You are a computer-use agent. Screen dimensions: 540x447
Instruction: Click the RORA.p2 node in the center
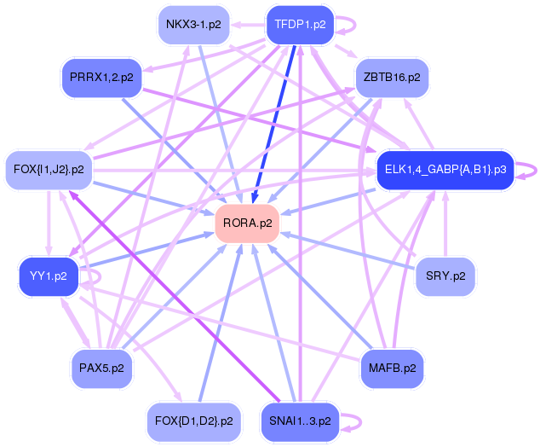(x=247, y=223)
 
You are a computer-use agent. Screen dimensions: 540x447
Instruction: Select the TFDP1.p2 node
(x=300, y=25)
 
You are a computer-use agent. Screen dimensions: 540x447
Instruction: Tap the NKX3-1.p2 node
(x=193, y=25)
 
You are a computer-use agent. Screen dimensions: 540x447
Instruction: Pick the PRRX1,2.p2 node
(x=101, y=78)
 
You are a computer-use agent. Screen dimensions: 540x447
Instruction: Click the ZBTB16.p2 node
(x=392, y=78)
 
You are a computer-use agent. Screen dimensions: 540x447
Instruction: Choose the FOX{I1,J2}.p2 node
(x=49, y=170)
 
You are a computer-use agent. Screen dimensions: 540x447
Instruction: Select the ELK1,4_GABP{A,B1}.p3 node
(x=445, y=170)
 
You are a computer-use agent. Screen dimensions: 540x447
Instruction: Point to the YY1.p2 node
(x=49, y=276)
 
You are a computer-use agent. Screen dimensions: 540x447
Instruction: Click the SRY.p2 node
(x=445, y=276)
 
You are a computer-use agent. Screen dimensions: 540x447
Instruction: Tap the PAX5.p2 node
(x=101, y=369)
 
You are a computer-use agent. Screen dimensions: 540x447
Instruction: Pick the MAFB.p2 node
(x=392, y=369)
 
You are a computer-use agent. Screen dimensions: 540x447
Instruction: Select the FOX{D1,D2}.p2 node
(x=193, y=421)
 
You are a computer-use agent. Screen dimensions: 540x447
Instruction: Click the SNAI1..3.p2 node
(x=300, y=421)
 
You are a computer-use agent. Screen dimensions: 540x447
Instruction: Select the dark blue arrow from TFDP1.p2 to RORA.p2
(x=274, y=124)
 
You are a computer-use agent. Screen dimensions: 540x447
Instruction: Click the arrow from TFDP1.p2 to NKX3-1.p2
(x=248, y=25)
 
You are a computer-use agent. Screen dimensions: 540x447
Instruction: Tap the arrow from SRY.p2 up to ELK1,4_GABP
(x=445, y=223)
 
